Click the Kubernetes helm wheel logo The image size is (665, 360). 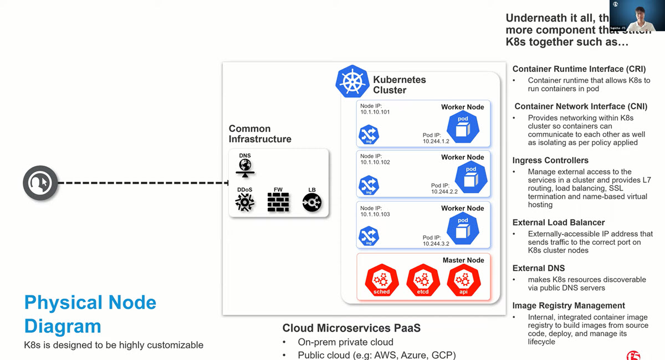tap(352, 82)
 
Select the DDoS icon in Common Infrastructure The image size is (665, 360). tap(244, 202)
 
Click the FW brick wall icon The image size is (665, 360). tap(278, 202)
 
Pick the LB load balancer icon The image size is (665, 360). tap(312, 202)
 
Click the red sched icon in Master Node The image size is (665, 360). tap(381, 280)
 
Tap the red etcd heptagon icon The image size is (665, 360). tap(423, 280)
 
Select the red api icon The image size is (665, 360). tap(464, 280)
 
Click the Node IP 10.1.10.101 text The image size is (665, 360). tap(375, 112)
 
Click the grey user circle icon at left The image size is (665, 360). tap(40, 183)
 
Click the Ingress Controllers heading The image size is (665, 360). tap(550, 161)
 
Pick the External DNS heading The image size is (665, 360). tap(539, 268)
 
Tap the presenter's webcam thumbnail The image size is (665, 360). tap(637, 16)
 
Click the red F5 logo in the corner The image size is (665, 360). tap(633, 354)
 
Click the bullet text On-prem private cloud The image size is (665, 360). tap(345, 342)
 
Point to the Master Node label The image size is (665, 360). tap(463, 260)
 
